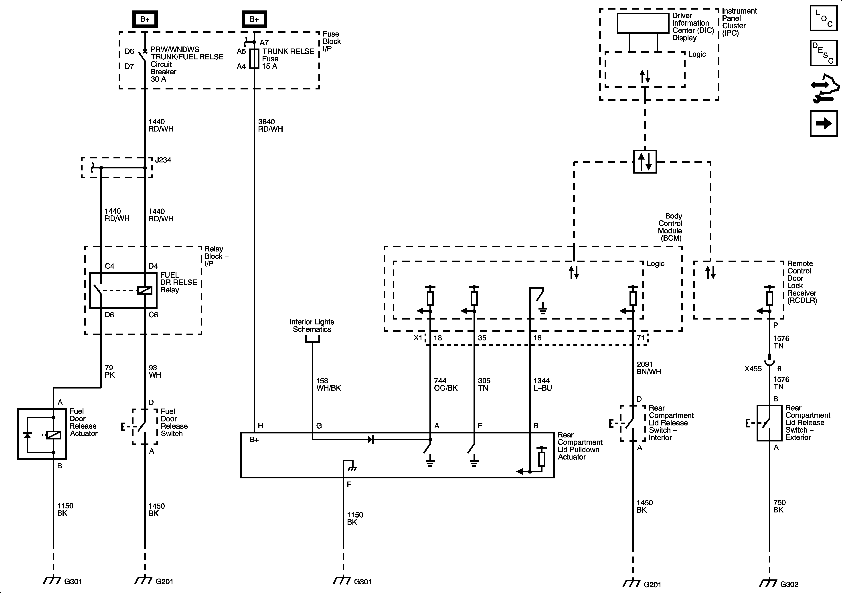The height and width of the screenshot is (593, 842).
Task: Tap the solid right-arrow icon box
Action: (x=824, y=123)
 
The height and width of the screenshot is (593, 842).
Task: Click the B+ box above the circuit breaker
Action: (x=145, y=19)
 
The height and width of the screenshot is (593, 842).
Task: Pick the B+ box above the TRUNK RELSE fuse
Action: (x=254, y=19)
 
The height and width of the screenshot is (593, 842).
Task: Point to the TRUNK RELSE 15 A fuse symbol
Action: (x=254, y=59)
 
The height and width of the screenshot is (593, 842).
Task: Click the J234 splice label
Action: (x=163, y=160)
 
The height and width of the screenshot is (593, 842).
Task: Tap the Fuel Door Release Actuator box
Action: (x=42, y=434)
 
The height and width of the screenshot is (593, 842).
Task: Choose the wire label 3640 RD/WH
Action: (x=271, y=125)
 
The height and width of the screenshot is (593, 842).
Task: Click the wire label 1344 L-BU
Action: (x=542, y=384)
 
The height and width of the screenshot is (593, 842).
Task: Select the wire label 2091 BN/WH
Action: (x=649, y=368)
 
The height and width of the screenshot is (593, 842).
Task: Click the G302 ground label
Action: (x=789, y=584)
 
